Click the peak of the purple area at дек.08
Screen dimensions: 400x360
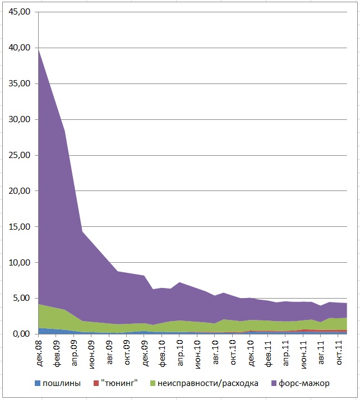pos(39,49)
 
